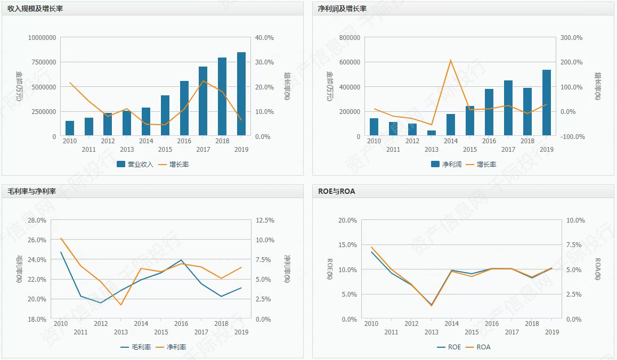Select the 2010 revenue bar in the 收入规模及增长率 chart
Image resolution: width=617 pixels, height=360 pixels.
pyautogui.click(x=70, y=128)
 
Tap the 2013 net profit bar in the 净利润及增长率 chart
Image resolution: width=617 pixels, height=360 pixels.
pyautogui.click(x=432, y=133)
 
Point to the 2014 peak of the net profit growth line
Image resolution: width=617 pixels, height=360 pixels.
pyautogui.click(x=451, y=60)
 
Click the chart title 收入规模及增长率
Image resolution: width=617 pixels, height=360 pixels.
pyautogui.click(x=35, y=9)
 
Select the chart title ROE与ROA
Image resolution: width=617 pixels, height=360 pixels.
pyautogui.click(x=337, y=191)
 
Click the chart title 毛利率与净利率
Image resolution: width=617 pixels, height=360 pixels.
pyautogui.click(x=32, y=191)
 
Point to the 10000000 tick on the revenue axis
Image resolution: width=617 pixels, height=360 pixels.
pyautogui.click(x=42, y=38)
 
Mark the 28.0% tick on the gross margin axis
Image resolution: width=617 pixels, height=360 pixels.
pyautogui.click(x=37, y=220)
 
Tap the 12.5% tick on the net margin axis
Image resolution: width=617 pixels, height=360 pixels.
pyautogui.click(x=265, y=220)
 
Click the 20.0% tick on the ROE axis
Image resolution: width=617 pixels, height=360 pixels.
pyautogui.click(x=347, y=220)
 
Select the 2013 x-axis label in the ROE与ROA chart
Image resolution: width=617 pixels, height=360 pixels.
pyautogui.click(x=432, y=332)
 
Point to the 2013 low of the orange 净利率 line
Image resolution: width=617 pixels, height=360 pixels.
pyautogui.click(x=121, y=305)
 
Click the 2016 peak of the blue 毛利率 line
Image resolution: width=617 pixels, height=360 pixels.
pyautogui.click(x=181, y=260)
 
